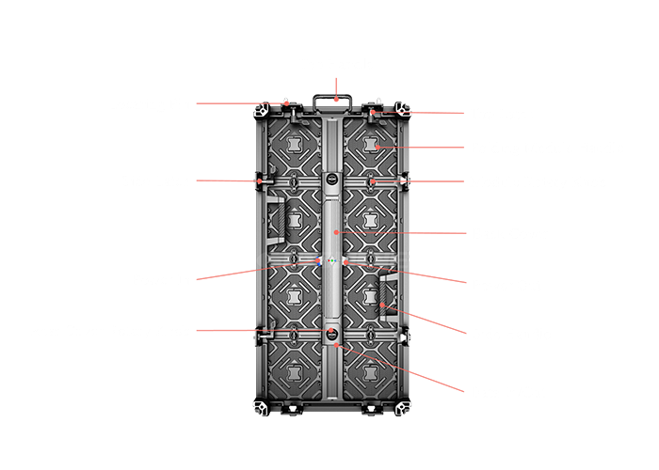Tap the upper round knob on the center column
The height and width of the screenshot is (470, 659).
point(331,180)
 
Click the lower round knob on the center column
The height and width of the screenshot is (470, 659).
point(331,333)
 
